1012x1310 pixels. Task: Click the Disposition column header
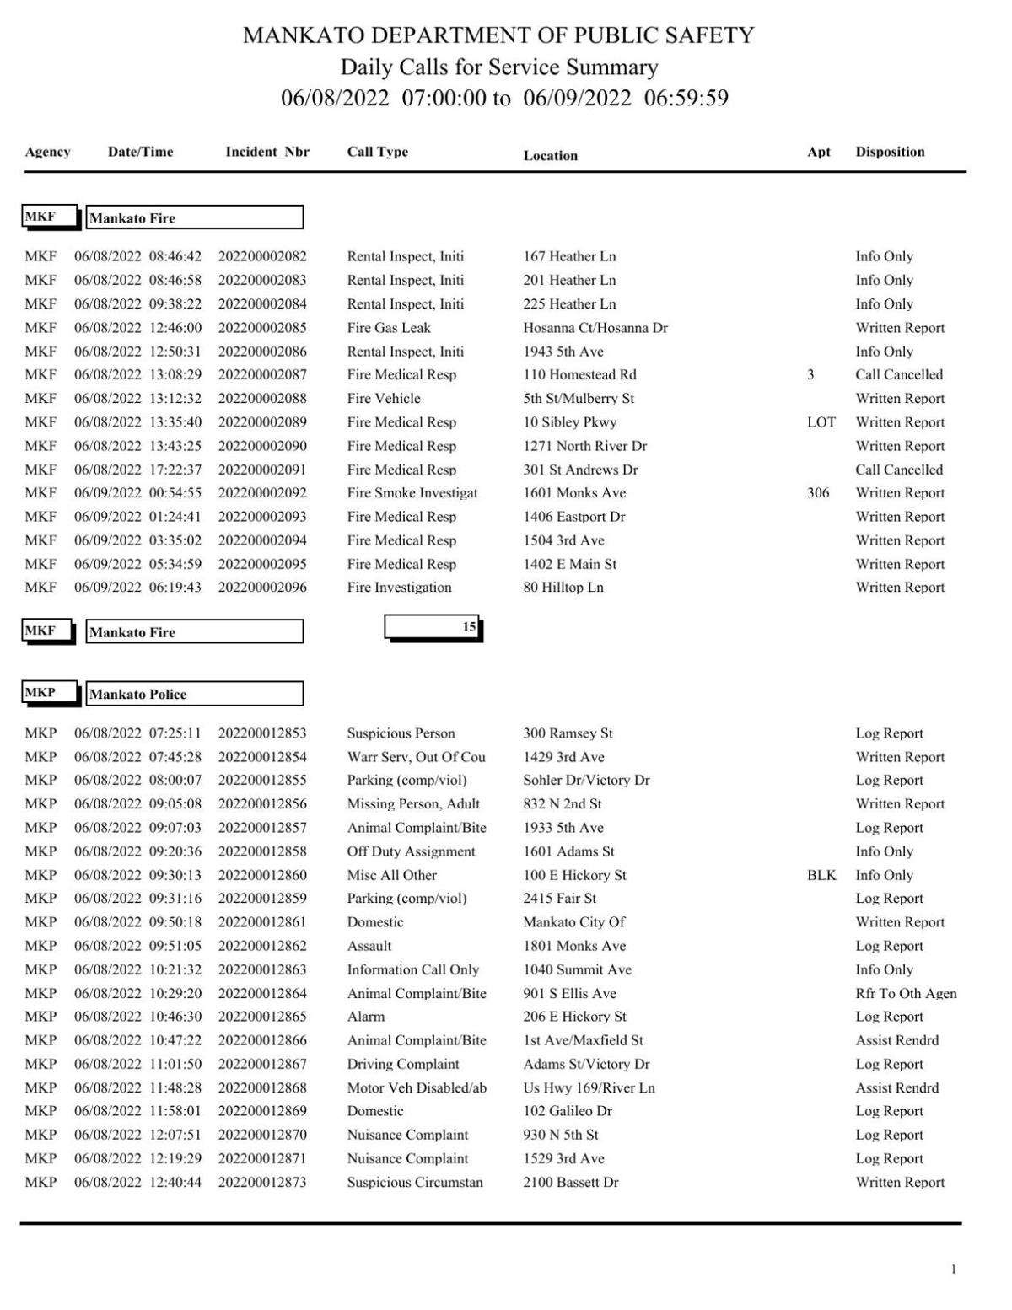click(x=890, y=152)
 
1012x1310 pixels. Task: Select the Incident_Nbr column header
click(x=266, y=152)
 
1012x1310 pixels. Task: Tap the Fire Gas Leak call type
click(x=389, y=328)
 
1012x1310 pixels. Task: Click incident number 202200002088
click(x=262, y=399)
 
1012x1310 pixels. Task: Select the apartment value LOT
click(x=821, y=422)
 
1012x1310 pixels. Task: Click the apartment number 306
click(x=817, y=493)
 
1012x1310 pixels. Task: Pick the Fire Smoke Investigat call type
click(x=412, y=493)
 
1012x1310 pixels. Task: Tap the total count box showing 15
click(x=433, y=627)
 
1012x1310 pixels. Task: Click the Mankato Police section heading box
click(x=194, y=695)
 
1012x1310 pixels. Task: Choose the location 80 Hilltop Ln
click(x=563, y=588)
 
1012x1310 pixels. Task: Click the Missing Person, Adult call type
click(x=413, y=804)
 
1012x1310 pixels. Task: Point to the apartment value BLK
click(x=821, y=875)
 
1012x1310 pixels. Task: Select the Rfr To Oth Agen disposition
click(x=906, y=994)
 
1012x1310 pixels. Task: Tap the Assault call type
click(x=369, y=946)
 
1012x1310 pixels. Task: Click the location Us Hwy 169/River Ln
click(x=589, y=1088)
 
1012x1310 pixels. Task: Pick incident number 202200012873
click(x=262, y=1183)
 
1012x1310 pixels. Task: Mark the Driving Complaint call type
click(x=403, y=1065)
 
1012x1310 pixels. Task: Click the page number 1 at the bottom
click(x=954, y=1270)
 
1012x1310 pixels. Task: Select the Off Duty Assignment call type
click(x=411, y=851)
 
